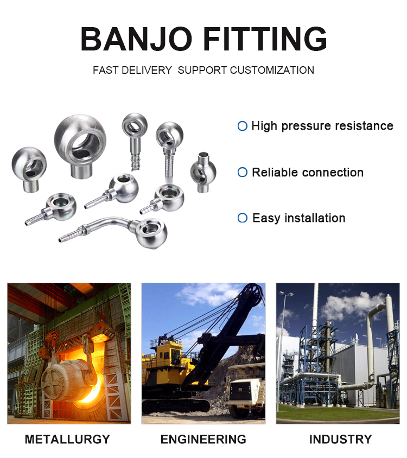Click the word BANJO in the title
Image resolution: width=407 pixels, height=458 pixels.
tap(136, 39)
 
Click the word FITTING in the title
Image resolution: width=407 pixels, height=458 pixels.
tap(265, 39)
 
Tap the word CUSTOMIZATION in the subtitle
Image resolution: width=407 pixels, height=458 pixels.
tap(272, 70)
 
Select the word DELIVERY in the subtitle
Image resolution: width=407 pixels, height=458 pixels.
tap(147, 70)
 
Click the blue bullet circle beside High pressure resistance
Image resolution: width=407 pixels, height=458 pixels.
tap(242, 126)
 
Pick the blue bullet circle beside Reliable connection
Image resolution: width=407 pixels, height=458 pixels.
tap(242, 172)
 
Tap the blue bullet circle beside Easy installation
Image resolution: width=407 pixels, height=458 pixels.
tap(242, 218)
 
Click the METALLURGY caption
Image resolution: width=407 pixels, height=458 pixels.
tap(67, 440)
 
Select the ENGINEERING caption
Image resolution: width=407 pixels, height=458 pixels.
tap(203, 440)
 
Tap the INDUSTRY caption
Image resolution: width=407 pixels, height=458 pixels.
tap(340, 440)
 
